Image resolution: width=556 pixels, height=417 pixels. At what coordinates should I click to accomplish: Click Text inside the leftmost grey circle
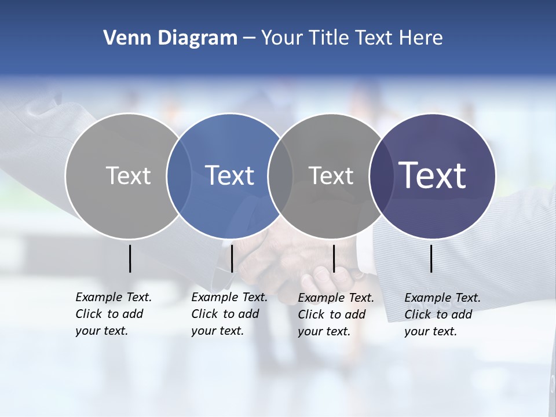click(x=128, y=175)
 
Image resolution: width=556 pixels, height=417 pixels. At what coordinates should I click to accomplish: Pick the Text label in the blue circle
click(x=229, y=175)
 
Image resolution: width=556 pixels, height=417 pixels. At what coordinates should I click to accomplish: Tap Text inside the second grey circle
click(x=331, y=175)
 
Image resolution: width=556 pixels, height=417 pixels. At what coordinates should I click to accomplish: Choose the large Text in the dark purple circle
click(x=433, y=175)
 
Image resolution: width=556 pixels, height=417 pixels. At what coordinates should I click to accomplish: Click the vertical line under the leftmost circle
click(x=130, y=258)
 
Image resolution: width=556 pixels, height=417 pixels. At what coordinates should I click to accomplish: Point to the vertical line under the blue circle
click(x=232, y=258)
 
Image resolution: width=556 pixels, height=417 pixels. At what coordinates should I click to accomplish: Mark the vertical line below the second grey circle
click(x=334, y=258)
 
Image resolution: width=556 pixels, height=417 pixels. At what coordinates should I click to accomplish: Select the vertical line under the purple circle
click(x=431, y=258)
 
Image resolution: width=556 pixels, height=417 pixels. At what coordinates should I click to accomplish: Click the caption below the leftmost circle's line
click(x=113, y=314)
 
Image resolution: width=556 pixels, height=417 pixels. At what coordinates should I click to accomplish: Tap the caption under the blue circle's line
click(x=229, y=314)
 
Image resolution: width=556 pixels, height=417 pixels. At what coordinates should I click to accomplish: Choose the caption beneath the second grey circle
click(x=335, y=314)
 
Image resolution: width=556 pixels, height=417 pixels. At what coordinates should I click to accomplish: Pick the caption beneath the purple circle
click(x=442, y=314)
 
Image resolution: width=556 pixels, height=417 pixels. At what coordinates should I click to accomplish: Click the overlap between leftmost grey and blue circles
click(x=179, y=175)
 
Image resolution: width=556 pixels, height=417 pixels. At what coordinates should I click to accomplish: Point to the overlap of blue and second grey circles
click(x=280, y=175)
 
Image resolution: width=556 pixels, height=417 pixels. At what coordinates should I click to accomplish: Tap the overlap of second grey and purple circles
click(x=381, y=175)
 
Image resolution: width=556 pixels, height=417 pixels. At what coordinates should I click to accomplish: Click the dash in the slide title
click(x=249, y=38)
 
